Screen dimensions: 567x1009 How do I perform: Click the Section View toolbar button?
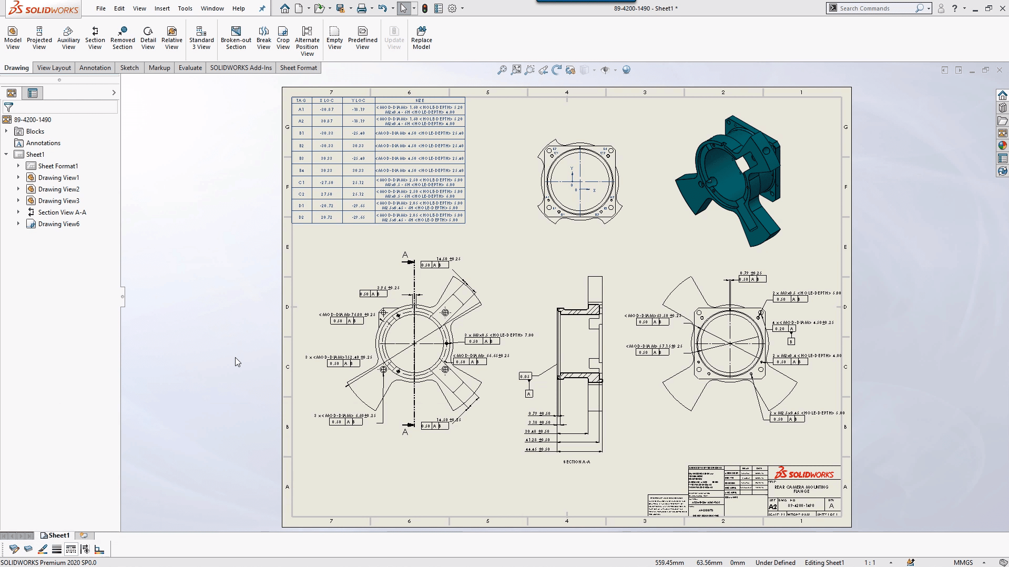point(95,38)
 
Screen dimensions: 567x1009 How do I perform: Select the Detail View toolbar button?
point(148,38)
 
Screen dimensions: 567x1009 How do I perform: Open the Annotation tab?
point(95,68)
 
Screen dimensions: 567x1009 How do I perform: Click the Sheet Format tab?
point(298,68)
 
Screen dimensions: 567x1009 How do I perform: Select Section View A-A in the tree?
point(62,212)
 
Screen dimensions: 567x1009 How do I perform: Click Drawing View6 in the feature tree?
point(58,224)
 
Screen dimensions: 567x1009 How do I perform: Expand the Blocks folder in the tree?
point(6,131)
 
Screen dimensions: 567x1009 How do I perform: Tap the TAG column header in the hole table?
point(301,100)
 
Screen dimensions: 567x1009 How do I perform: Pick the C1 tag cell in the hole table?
point(301,183)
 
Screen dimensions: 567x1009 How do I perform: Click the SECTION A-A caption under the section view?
point(576,462)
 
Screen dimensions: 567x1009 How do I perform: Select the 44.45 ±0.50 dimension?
point(537,449)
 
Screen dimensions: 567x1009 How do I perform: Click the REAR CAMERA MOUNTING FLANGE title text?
point(801,489)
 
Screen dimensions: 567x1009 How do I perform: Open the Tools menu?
point(185,8)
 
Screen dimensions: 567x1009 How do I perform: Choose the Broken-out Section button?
point(236,38)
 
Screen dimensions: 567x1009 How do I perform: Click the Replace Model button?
point(421,38)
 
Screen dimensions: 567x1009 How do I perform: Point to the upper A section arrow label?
point(405,255)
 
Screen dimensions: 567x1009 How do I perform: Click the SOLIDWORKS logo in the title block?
point(804,473)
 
